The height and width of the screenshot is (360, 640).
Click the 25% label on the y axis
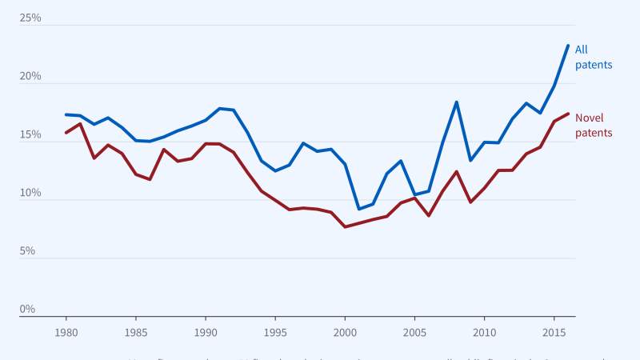click(30, 18)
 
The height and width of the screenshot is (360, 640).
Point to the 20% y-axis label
click(30, 76)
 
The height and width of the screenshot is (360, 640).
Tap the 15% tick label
click(30, 134)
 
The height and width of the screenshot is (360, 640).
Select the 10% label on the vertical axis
click(30, 193)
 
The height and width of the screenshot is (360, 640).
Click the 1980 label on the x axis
click(66, 332)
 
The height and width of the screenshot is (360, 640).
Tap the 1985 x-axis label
click(136, 332)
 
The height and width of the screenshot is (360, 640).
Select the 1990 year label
click(206, 332)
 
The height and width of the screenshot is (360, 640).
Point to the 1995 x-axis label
click(275, 332)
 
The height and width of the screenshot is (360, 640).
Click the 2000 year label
click(345, 332)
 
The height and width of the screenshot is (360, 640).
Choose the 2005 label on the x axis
click(414, 332)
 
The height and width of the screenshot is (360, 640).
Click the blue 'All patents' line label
click(594, 57)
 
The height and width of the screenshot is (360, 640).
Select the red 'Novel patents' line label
click(594, 126)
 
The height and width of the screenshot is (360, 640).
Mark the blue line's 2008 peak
click(456, 102)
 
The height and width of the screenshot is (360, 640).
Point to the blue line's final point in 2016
click(568, 46)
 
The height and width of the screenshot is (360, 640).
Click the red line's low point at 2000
click(345, 227)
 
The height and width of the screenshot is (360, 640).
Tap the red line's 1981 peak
click(80, 123)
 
